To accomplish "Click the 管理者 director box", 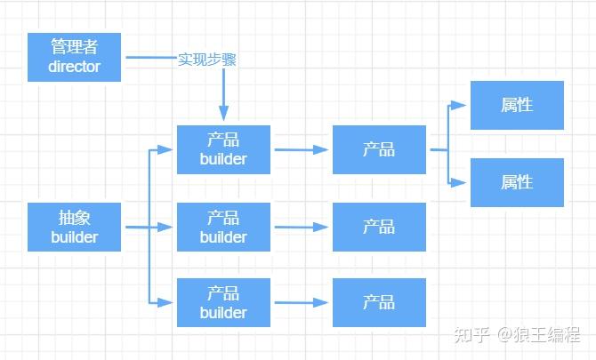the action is tap(74, 58).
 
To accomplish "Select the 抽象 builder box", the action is tap(74, 227).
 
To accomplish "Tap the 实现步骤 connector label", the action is tap(207, 60).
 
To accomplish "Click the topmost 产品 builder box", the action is tap(223, 149).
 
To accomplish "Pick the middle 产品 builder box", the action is tap(223, 227).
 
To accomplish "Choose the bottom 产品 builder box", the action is tap(223, 302).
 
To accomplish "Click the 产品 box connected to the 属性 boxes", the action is tap(379, 149).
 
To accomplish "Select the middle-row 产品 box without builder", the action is tap(379, 227).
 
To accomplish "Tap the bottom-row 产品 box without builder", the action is tap(379, 302).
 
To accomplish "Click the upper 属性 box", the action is tap(517, 105).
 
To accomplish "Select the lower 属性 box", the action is tap(517, 182).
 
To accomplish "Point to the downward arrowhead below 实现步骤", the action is tap(223, 113).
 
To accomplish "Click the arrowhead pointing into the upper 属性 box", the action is tap(458, 105).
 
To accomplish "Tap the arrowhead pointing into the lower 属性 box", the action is tap(458, 182).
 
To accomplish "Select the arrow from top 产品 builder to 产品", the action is tap(302, 149).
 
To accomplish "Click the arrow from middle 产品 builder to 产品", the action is tap(302, 227).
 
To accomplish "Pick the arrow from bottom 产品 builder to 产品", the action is tap(302, 302).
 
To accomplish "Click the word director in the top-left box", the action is tap(74, 67).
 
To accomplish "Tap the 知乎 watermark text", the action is tap(471, 334).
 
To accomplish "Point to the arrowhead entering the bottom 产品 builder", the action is tap(165, 302).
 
